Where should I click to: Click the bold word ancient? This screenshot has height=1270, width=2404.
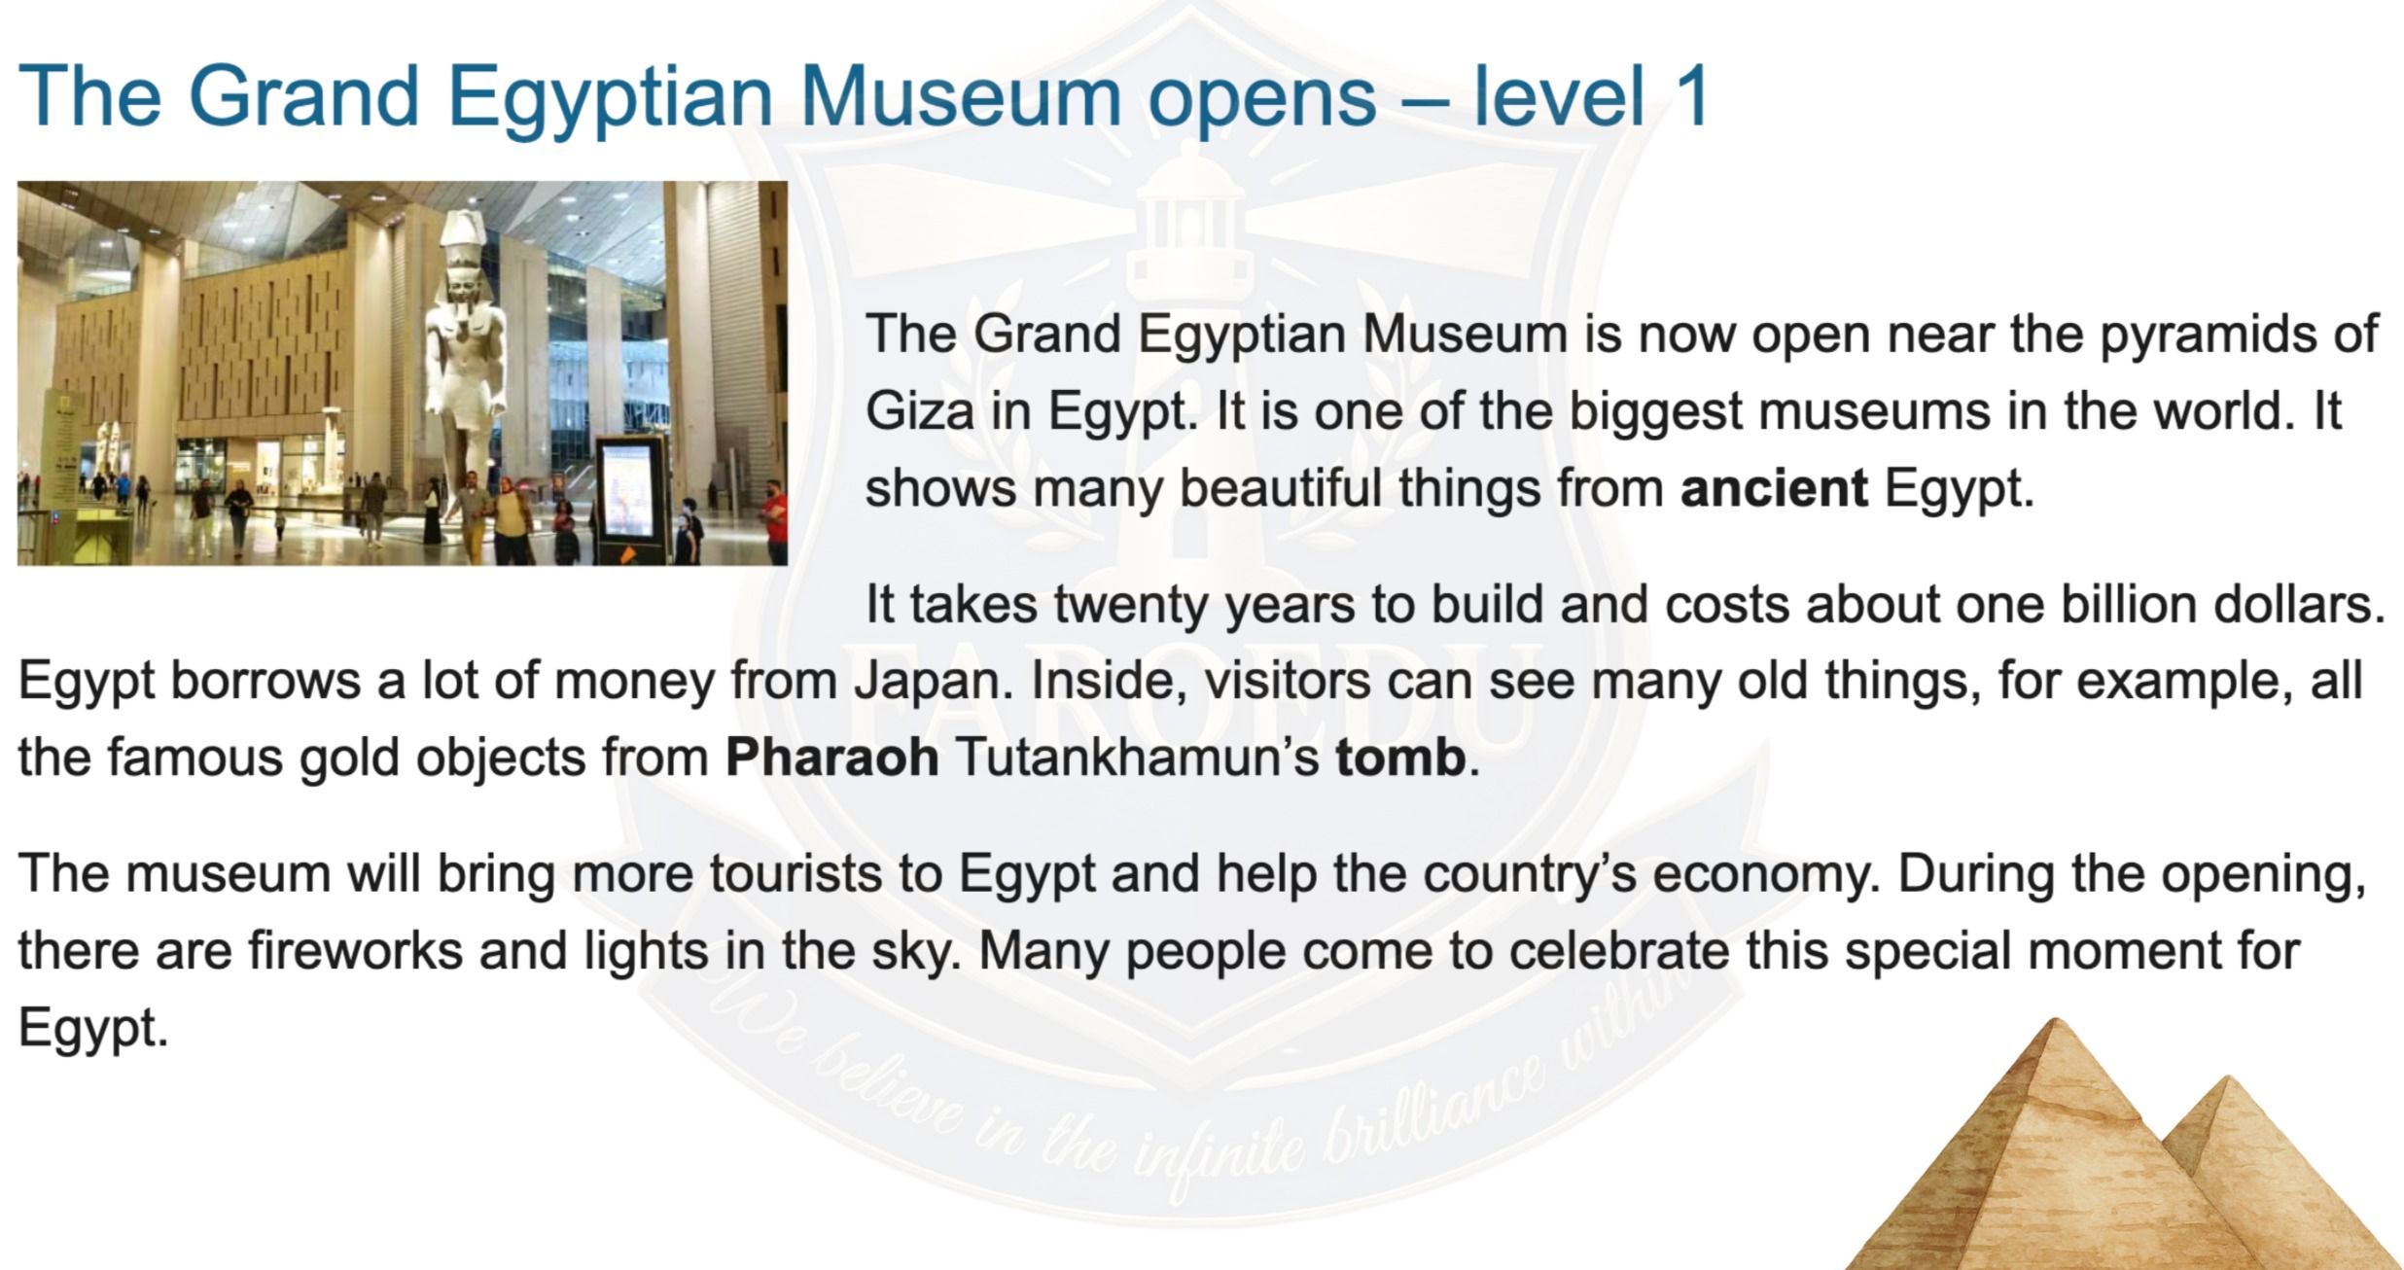tap(1774, 488)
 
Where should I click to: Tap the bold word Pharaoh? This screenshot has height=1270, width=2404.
tap(832, 758)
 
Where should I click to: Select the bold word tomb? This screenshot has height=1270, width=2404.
tap(1400, 758)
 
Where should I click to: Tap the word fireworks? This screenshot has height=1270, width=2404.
tap(355, 950)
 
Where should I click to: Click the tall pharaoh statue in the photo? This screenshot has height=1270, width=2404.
tap(467, 370)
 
